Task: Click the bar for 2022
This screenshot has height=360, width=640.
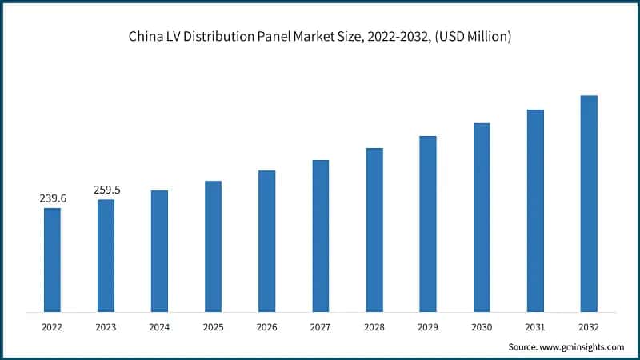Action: [52, 260]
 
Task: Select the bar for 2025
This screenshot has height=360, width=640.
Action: [213, 246]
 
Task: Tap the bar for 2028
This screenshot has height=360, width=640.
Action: [374, 230]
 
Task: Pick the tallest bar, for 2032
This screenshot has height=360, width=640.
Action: [589, 203]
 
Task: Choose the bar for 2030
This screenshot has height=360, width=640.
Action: [482, 217]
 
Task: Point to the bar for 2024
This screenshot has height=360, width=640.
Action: [159, 251]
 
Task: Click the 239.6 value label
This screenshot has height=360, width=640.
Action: [53, 198]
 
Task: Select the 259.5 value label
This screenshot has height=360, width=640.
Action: [106, 190]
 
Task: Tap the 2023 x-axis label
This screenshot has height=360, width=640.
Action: [106, 326]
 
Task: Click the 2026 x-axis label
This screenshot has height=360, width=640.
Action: [266, 326]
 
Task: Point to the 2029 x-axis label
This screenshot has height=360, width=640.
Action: [428, 326]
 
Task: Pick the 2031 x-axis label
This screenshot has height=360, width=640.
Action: [535, 326]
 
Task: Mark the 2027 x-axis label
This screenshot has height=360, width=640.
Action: [321, 326]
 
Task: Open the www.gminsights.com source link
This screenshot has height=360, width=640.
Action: [582, 346]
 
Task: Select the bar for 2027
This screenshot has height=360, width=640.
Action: [321, 236]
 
